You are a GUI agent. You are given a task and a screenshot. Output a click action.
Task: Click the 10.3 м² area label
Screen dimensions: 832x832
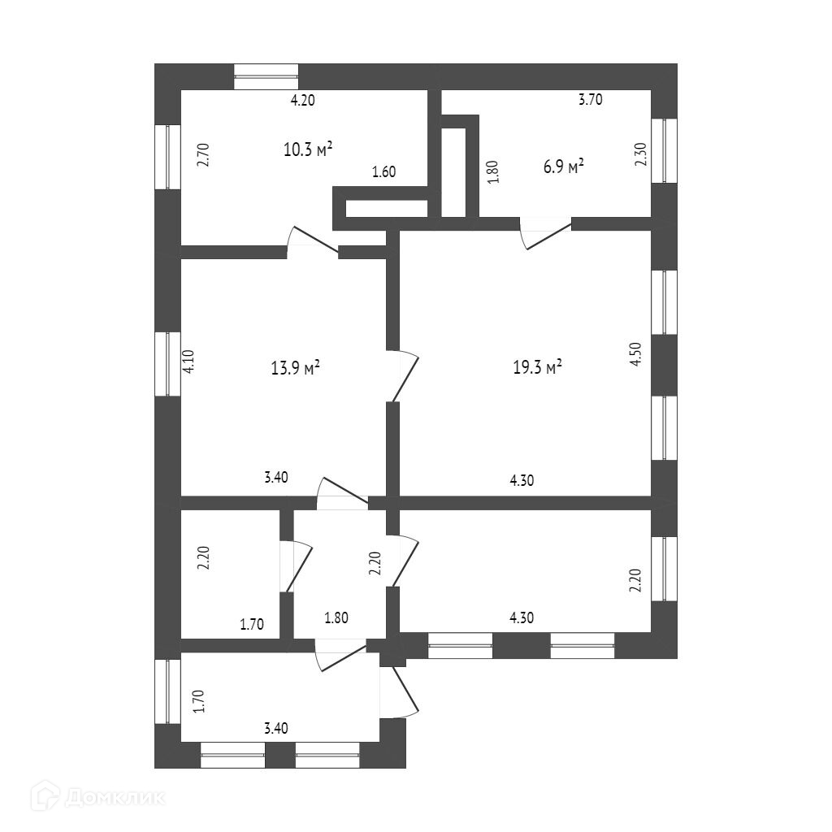(308, 149)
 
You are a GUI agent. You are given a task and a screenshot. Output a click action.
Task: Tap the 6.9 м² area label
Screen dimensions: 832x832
(564, 167)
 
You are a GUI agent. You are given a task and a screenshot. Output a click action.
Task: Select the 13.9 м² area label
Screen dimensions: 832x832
(295, 368)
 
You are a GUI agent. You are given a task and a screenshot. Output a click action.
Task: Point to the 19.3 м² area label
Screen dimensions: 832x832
(538, 367)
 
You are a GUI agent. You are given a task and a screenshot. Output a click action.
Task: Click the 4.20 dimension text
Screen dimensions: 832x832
(303, 100)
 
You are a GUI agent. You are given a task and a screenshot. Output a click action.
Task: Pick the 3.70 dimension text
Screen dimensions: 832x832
(590, 99)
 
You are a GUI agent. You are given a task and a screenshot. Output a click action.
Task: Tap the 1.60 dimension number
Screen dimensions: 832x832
(383, 171)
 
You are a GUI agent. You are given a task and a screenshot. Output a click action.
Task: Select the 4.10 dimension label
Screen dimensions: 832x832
(189, 362)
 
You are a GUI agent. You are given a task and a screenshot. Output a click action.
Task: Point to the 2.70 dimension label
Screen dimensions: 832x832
(203, 155)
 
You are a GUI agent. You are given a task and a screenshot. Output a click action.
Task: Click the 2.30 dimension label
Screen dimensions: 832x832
(641, 155)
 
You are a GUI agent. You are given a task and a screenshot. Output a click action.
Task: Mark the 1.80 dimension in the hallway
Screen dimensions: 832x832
(336, 618)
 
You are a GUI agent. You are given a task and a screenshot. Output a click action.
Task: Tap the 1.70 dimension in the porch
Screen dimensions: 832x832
(199, 701)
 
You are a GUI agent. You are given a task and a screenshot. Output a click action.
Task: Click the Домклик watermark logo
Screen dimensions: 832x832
(97, 796)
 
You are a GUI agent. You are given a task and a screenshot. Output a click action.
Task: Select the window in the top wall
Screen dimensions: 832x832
(266, 76)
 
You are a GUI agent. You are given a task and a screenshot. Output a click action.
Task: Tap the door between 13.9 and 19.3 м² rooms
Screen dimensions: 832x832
(403, 375)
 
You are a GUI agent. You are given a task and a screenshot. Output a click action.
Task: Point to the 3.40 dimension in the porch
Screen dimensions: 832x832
(276, 728)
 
